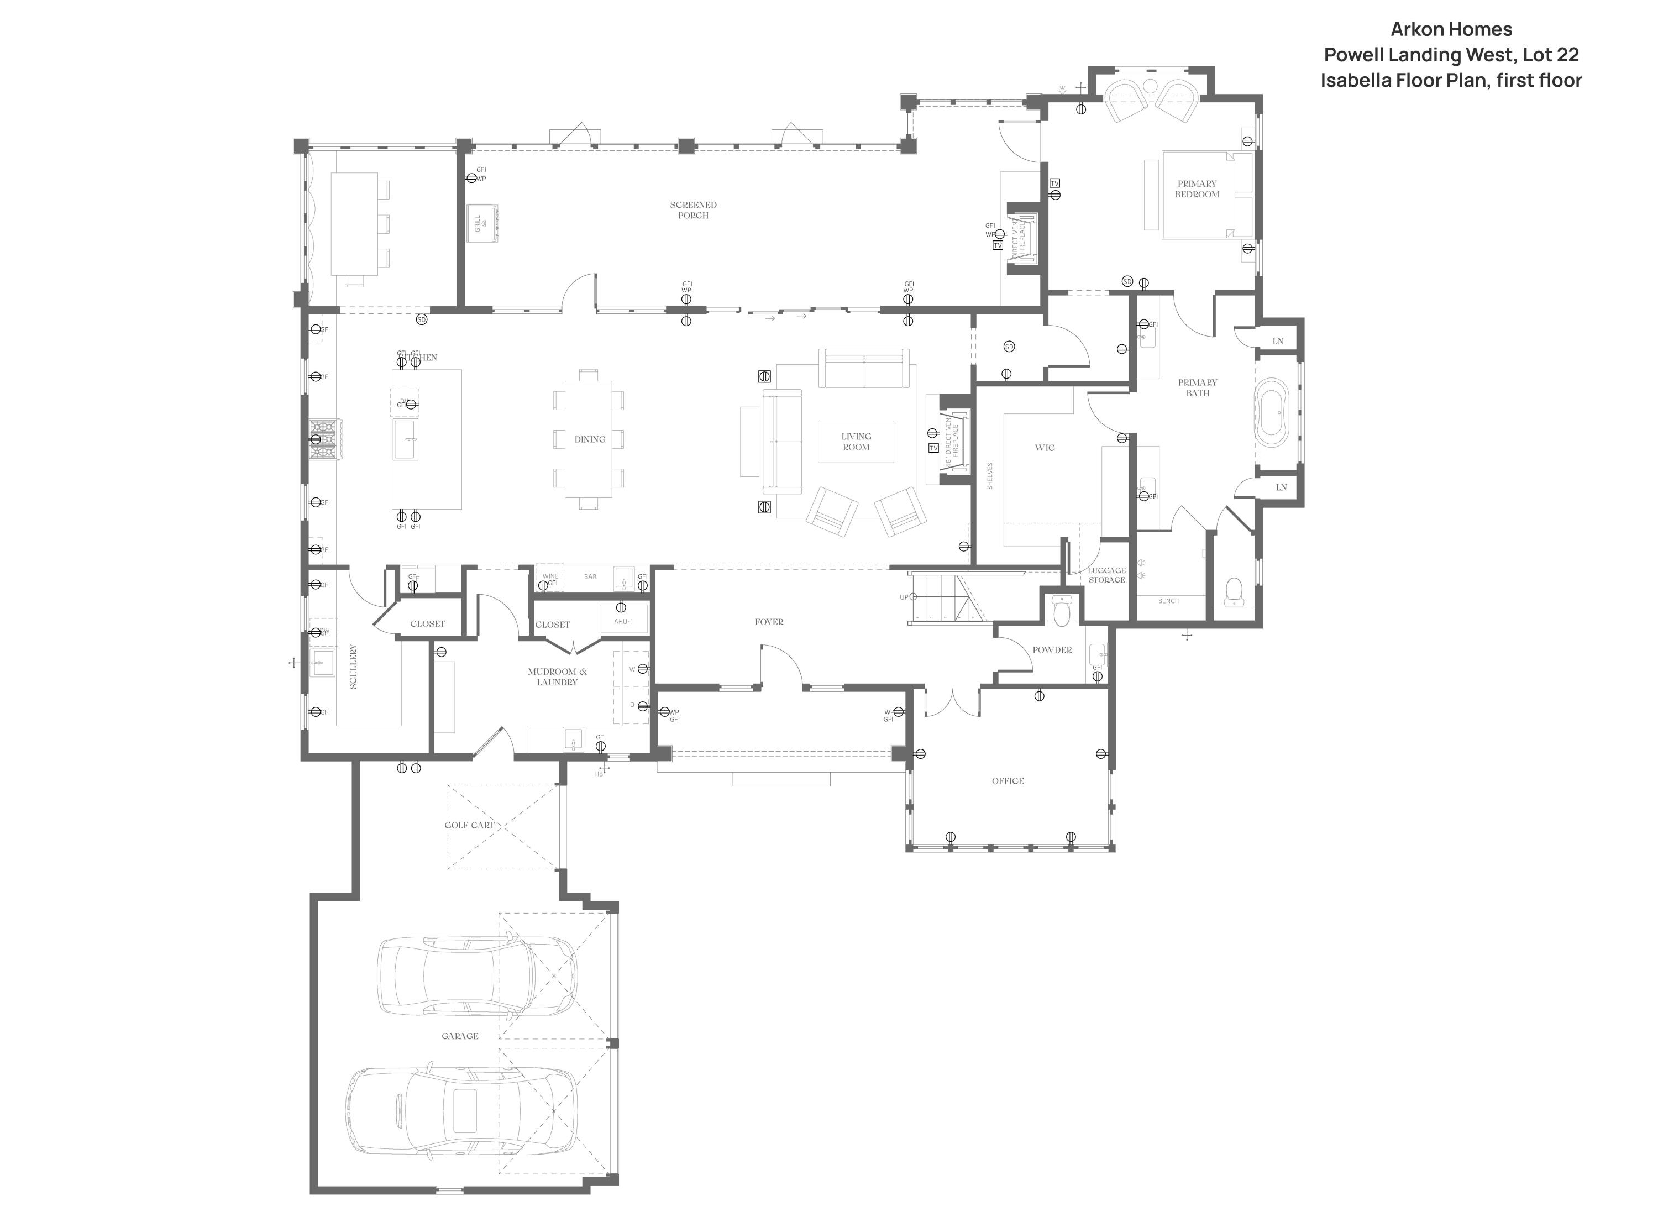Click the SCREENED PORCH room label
tap(692, 210)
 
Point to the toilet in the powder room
tap(1061, 611)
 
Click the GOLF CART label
tap(469, 825)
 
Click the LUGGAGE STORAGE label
tap(1106, 575)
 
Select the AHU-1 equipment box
tap(623, 621)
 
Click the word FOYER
tap(768, 622)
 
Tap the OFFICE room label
tap(1007, 781)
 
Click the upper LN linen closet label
tap(1277, 341)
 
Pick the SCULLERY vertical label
tap(353, 666)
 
